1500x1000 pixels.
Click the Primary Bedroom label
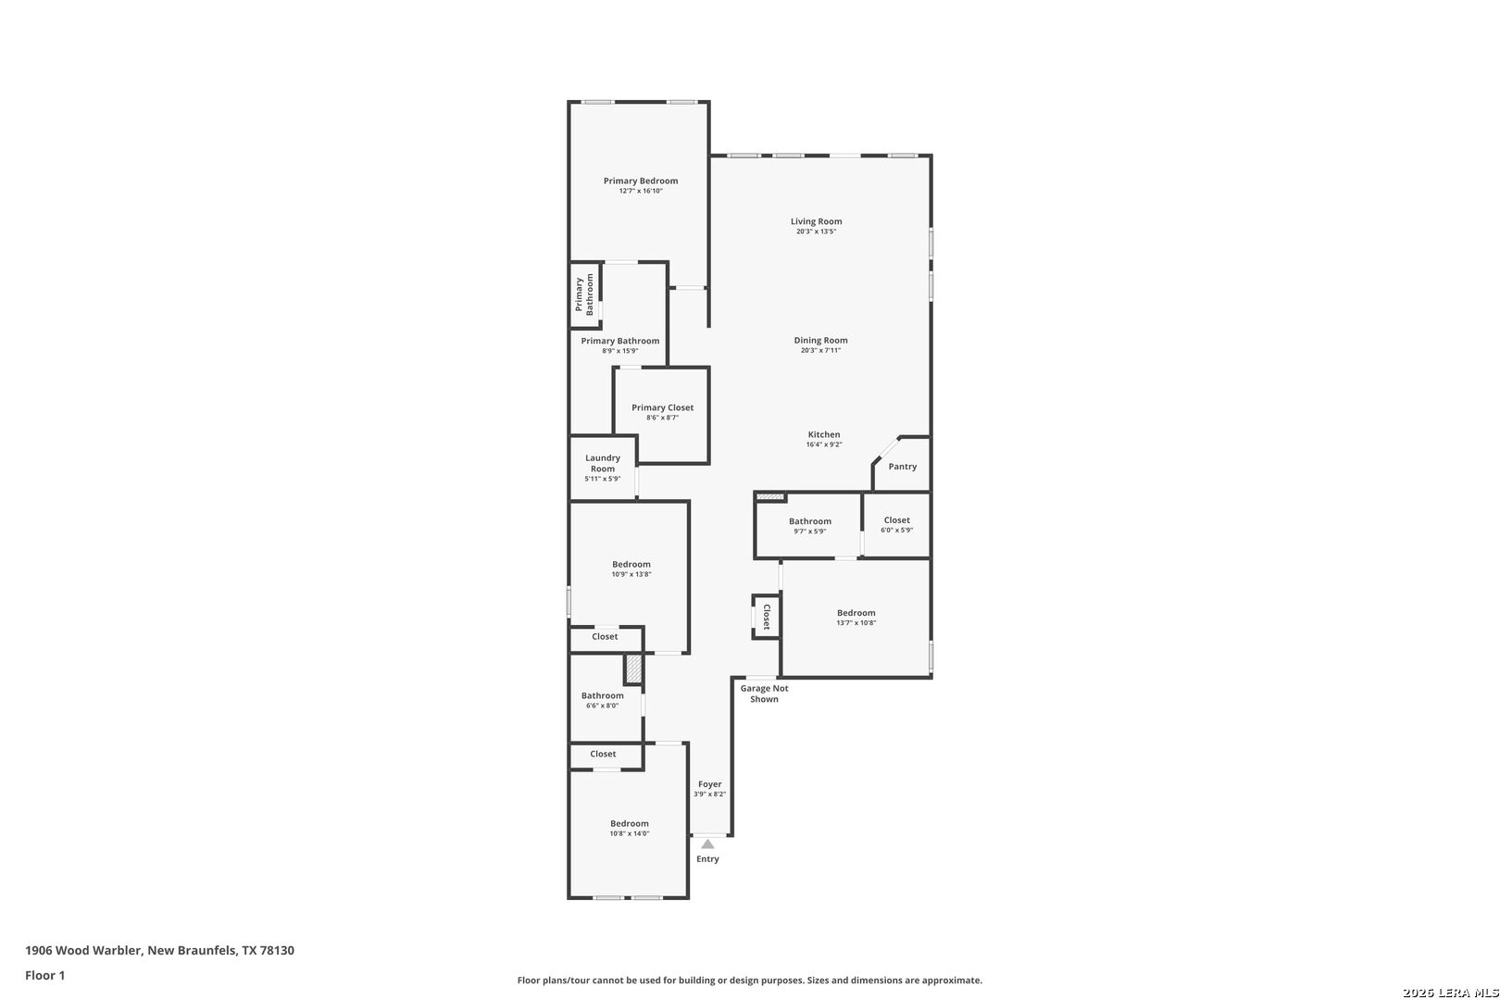640,181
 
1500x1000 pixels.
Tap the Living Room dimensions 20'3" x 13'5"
816,231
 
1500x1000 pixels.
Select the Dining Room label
820,340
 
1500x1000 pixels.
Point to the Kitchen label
824,434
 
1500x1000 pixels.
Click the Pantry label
902,467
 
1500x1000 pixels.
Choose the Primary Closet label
662,407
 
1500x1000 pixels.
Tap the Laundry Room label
603,464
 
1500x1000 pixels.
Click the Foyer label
710,784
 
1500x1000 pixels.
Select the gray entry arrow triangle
707,844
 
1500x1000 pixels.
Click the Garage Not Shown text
764,694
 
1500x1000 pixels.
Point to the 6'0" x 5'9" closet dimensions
896,531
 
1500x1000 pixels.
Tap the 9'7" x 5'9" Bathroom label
809,521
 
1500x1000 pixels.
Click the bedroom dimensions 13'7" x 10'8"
856,623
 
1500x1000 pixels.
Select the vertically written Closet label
767,617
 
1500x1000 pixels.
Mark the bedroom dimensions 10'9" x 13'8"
631,575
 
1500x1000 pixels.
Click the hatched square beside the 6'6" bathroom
633,669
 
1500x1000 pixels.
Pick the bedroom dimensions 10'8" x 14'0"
629,834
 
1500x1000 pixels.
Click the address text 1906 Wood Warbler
83,950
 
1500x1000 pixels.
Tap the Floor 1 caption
44,976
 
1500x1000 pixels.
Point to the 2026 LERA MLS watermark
1450,993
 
